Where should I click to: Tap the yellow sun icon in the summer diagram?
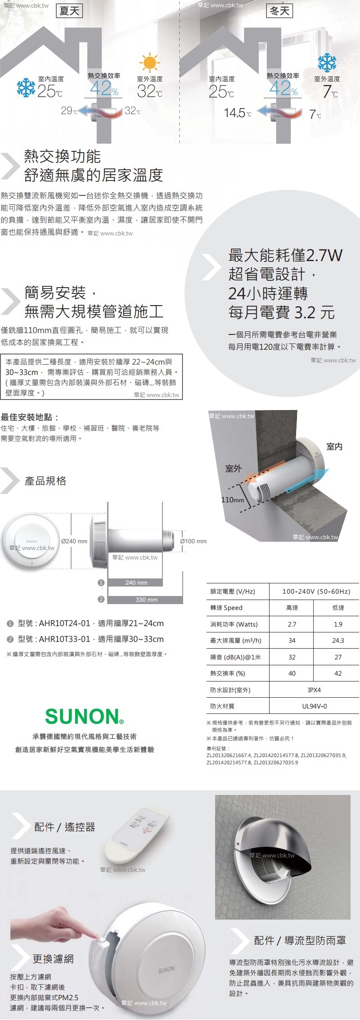pyautogui.click(x=149, y=63)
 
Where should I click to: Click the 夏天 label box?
pyautogui.click(x=70, y=10)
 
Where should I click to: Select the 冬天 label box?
pyautogui.click(x=279, y=10)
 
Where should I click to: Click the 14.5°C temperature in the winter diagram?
pyautogui.click(x=238, y=113)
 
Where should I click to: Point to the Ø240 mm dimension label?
pyautogui.click(x=74, y=541)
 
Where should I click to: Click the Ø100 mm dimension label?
pyautogui.click(x=193, y=541)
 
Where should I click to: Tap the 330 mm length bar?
pyautogui.click(x=145, y=600)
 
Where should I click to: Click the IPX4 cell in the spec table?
pyautogui.click(x=314, y=690)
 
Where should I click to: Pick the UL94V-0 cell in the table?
pyautogui.click(x=314, y=706)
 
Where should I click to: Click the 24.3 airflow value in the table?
pyautogui.click(x=338, y=641)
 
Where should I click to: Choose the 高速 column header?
pyautogui.click(x=292, y=608)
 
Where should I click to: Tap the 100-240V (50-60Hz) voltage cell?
pyautogui.click(x=316, y=591)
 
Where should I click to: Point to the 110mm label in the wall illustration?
pyautogui.click(x=233, y=500)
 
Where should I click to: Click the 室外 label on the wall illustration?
pyautogui.click(x=234, y=469)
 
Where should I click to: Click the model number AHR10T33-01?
pyautogui.click(x=64, y=639)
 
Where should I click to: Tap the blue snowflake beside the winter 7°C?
pyautogui.click(x=327, y=63)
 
